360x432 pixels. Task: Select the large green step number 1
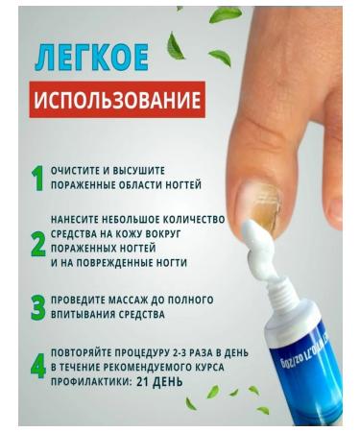[36, 179]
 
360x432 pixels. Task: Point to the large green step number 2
[37, 245]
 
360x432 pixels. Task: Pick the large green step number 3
[37, 307]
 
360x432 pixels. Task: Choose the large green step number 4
[37, 366]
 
